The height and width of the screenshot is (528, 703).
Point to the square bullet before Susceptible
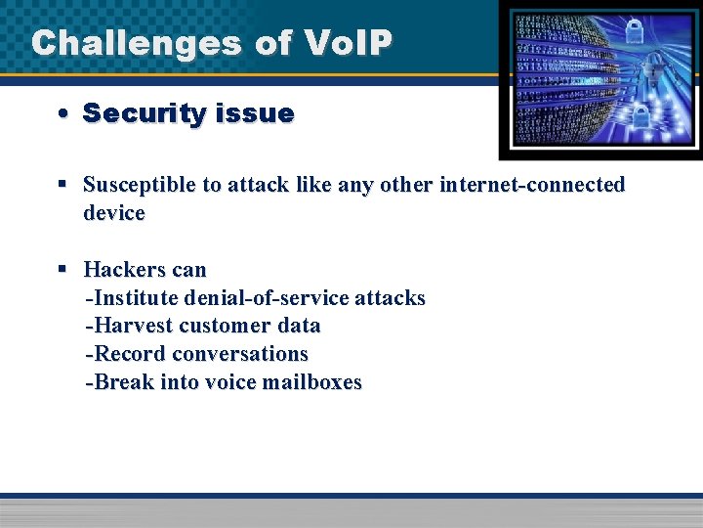tap(62, 184)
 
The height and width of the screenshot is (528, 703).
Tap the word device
tap(114, 212)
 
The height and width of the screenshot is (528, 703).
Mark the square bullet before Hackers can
tap(62, 268)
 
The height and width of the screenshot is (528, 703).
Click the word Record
tap(126, 354)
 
